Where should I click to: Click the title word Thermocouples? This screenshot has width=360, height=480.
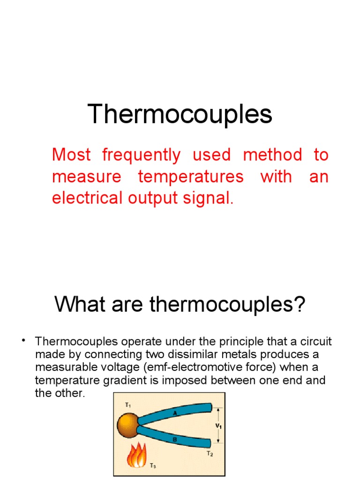(x=180, y=114)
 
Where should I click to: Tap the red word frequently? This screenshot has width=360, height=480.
(x=141, y=155)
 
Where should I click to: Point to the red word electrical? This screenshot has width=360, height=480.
(x=84, y=198)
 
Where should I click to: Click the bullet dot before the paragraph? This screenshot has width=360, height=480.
(x=22, y=340)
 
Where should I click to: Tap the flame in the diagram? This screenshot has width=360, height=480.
(x=137, y=454)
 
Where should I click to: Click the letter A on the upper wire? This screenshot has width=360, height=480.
(x=176, y=413)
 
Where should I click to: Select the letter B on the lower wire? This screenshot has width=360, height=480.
(x=175, y=439)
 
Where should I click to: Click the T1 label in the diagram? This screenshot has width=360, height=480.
(x=127, y=404)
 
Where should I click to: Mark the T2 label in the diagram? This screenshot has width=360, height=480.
(x=210, y=454)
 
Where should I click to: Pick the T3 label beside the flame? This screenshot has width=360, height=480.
(x=153, y=466)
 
